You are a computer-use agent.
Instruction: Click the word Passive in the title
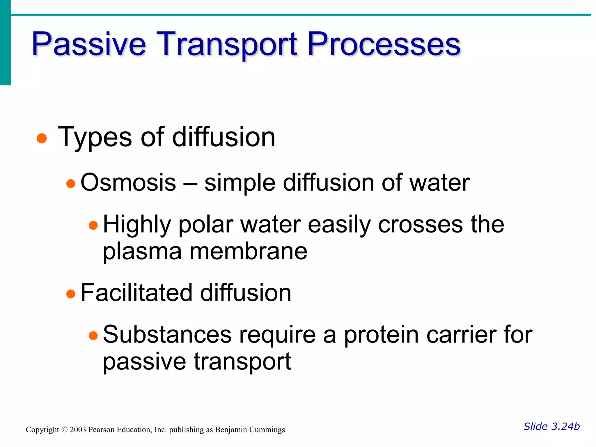coord(89,44)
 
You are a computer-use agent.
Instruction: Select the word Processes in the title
coord(384,44)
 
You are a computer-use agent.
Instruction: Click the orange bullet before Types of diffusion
coord(42,139)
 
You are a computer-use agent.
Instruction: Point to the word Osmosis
coord(128,183)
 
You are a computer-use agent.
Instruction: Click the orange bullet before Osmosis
coord(71,184)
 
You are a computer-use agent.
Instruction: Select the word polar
coord(206,225)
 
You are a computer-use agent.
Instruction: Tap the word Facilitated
coord(136,293)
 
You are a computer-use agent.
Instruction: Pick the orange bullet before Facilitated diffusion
coord(71,294)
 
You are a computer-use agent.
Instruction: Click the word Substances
coord(167,335)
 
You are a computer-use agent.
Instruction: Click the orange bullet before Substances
coord(93,336)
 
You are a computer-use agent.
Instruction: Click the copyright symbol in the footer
coord(64,430)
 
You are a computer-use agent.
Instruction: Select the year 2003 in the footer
coord(78,430)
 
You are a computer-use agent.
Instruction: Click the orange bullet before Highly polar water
coord(93,226)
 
